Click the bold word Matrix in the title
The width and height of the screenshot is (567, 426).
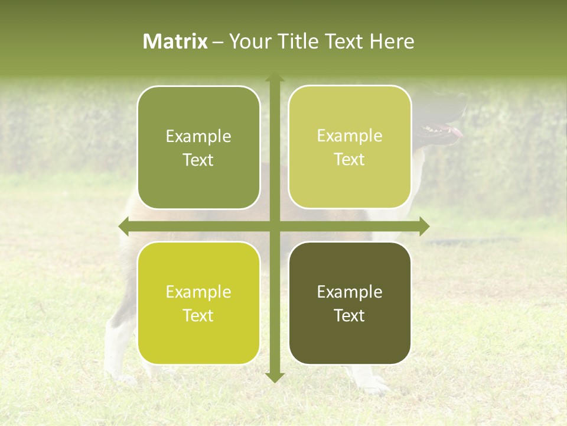point(175,41)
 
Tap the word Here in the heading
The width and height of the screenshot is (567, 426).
point(392,41)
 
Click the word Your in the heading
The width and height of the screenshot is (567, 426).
point(247,41)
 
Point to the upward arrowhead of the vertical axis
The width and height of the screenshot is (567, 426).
point(275,78)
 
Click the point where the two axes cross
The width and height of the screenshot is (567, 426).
point(275,226)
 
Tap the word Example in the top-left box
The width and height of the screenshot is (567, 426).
point(198,137)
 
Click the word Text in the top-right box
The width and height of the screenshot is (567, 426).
point(350,159)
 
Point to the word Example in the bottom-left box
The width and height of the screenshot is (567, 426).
point(198,292)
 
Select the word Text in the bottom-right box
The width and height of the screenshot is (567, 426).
point(350,315)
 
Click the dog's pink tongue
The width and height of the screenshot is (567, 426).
point(456,132)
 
